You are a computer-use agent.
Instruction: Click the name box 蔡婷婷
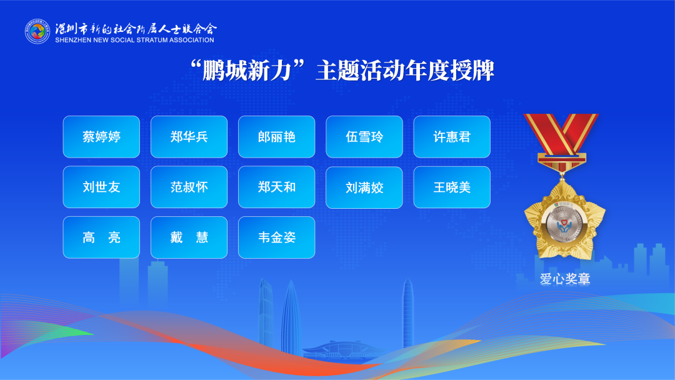pyautogui.click(x=101, y=137)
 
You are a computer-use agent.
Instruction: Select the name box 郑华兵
pyautogui.click(x=189, y=137)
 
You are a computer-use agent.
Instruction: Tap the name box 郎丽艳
pyautogui.click(x=277, y=137)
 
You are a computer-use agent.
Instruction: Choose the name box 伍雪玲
pyautogui.click(x=364, y=137)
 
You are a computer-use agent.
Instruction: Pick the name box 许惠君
pyautogui.click(x=452, y=137)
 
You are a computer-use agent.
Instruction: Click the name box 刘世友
pyautogui.click(x=101, y=187)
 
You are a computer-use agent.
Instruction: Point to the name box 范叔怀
pyautogui.click(x=189, y=187)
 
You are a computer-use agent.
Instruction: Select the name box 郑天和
pyautogui.click(x=277, y=187)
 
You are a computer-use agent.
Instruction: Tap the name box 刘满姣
pyautogui.click(x=364, y=187)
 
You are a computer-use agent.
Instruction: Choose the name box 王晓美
pyautogui.click(x=452, y=187)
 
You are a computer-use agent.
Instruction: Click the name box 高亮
pyautogui.click(x=101, y=237)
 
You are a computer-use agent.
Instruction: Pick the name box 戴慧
pyautogui.click(x=189, y=237)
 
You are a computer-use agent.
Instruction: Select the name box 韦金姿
pyautogui.click(x=277, y=237)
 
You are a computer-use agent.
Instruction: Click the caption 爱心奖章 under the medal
pyautogui.click(x=565, y=279)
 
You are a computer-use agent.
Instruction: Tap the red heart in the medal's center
pyautogui.click(x=564, y=222)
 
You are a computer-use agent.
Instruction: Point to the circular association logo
pyautogui.click(x=37, y=31)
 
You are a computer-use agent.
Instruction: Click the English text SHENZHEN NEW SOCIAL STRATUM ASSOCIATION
pyautogui.click(x=134, y=40)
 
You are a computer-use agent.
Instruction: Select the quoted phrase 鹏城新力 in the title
pyautogui.click(x=247, y=71)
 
